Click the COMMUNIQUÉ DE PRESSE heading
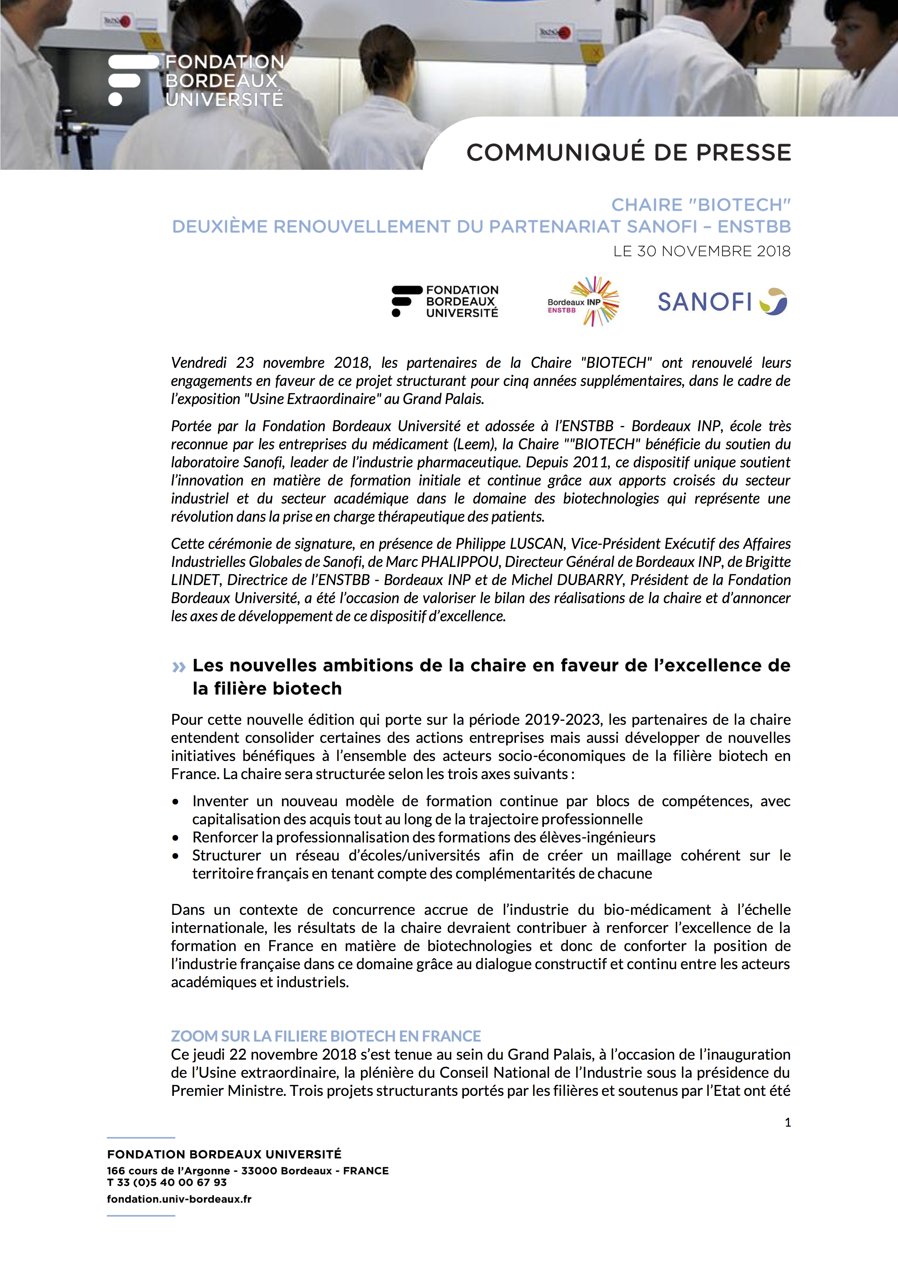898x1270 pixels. tap(629, 153)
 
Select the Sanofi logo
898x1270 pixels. tap(722, 302)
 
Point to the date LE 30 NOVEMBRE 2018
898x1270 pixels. tap(702, 252)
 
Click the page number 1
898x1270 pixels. tap(787, 1122)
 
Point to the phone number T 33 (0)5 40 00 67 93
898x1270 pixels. tap(167, 1182)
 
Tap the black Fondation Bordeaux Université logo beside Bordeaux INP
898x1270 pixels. tap(445, 302)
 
